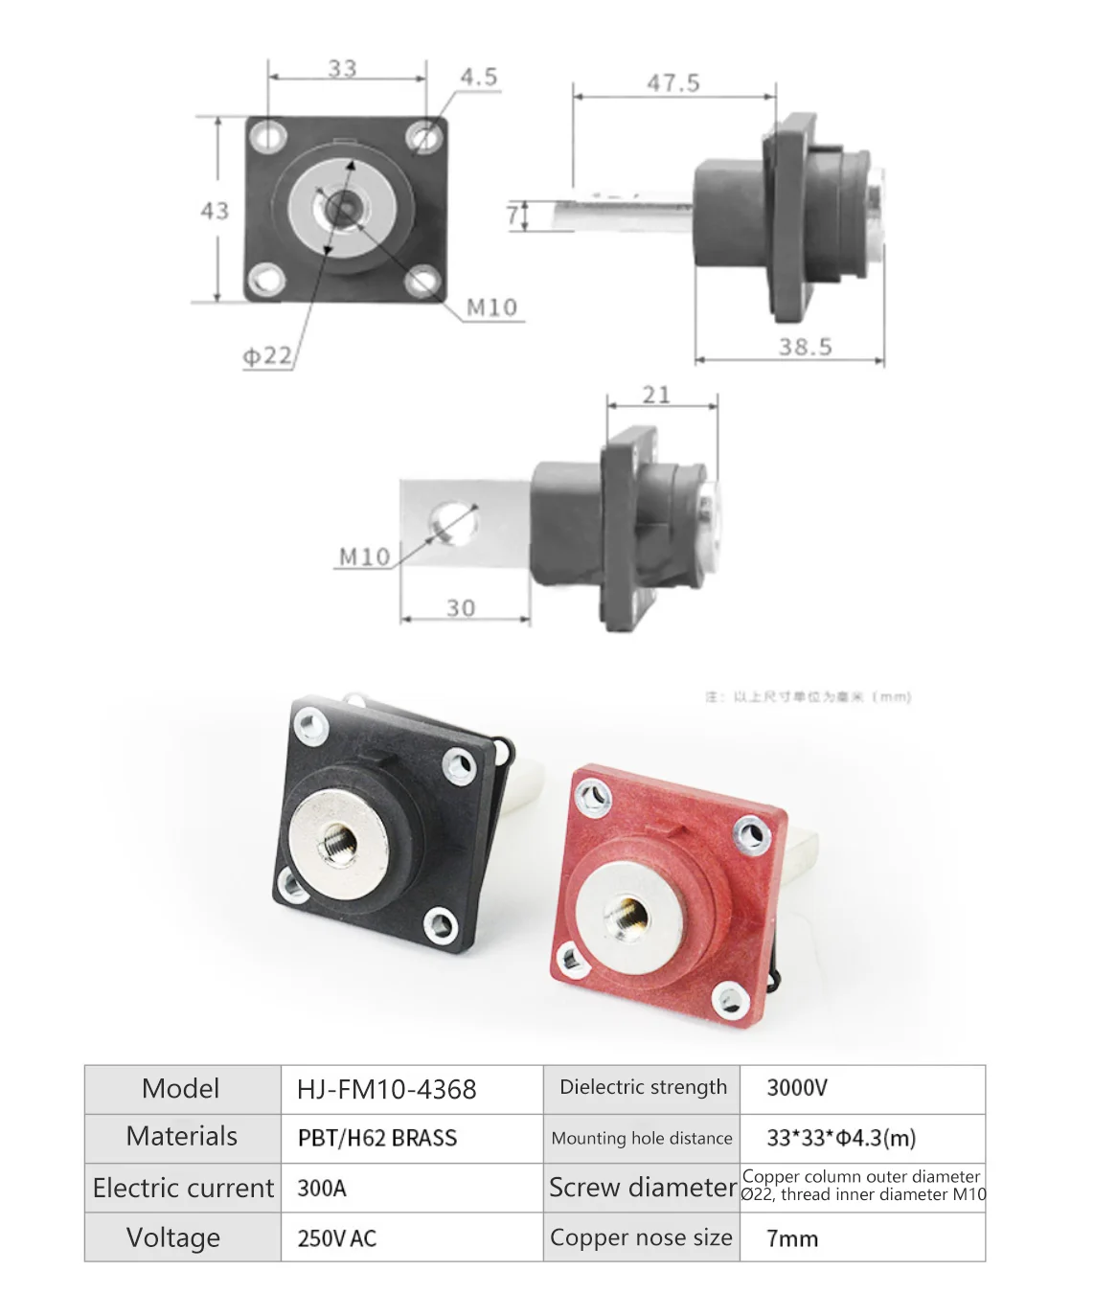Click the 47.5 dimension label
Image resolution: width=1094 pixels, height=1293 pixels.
672,83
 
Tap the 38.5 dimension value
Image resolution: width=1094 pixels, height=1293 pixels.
805,347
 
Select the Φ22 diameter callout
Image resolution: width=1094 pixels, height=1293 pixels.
266,356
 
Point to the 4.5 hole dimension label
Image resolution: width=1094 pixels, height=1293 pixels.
478,77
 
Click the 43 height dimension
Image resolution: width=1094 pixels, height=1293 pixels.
215,211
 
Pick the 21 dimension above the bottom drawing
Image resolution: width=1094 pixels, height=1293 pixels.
656,395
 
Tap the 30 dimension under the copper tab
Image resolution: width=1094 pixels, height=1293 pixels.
461,608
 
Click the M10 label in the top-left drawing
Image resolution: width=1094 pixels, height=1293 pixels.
491,307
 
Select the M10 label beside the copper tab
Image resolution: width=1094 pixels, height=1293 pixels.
364,556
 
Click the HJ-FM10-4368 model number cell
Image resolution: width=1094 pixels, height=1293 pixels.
386,1089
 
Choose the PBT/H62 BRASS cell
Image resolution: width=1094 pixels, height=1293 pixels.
377,1138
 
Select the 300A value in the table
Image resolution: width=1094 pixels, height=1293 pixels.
322,1188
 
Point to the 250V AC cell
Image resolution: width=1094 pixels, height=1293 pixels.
337,1237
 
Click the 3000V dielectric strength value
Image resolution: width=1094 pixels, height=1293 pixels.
797,1088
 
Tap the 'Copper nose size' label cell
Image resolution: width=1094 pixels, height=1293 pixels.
641,1237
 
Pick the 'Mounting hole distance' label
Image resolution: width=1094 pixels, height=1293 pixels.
641,1138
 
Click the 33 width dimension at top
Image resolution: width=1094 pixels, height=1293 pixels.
342,69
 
